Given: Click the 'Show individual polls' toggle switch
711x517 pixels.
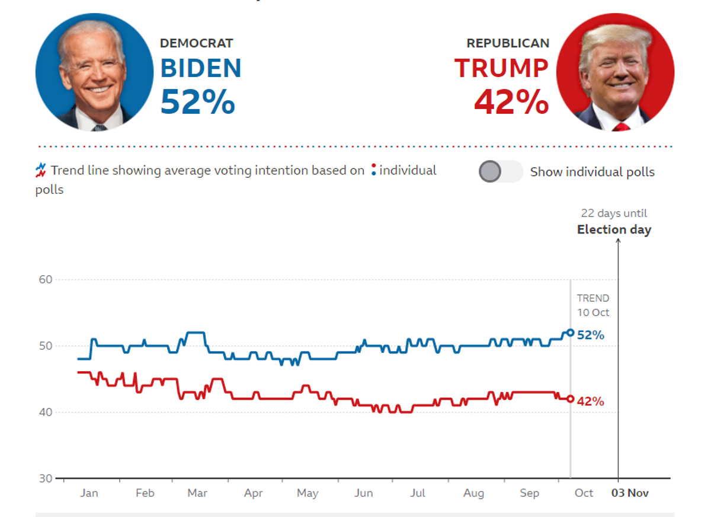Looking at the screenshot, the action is tap(501, 171).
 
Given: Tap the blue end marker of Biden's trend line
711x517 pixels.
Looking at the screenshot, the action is tap(571, 333).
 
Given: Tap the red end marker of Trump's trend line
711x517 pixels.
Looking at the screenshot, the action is tap(571, 399).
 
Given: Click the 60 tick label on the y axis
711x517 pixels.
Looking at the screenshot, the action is tap(46, 279).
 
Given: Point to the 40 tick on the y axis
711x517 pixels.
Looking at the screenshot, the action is tap(46, 412).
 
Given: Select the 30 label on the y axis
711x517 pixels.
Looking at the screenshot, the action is tap(46, 478).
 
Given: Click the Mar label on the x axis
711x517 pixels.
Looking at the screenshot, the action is tap(197, 493).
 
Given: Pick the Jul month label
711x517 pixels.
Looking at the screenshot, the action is tap(417, 493).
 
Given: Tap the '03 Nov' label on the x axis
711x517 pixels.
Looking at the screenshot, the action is tap(630, 493).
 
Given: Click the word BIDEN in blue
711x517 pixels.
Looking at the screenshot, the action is tap(201, 68).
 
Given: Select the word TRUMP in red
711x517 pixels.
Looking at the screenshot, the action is tap(501, 68).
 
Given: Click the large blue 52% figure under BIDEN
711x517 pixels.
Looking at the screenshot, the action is tap(198, 102).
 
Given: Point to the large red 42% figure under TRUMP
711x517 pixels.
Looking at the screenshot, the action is tap(511, 102).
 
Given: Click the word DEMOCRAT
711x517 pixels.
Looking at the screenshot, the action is tap(197, 43).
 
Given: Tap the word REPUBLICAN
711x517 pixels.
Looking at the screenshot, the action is tap(508, 43).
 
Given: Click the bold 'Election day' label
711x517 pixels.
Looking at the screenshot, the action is tap(614, 229).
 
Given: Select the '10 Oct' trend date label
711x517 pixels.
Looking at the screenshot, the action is tap(593, 312).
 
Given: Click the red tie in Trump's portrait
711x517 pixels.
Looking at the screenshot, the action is tap(621, 127).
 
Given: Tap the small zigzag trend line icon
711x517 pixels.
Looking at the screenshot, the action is tap(41, 170).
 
